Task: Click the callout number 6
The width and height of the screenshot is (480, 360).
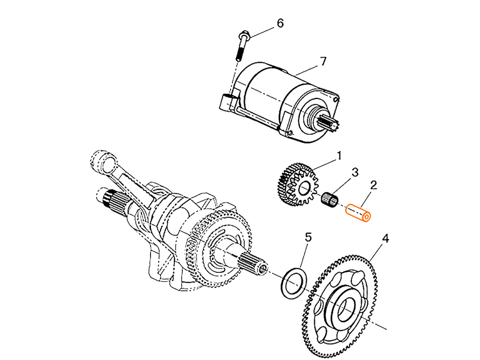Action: (280, 23)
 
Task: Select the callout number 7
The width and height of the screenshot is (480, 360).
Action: (323, 61)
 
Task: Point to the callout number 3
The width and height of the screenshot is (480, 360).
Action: (355, 172)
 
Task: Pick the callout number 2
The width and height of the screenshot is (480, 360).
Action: (373, 185)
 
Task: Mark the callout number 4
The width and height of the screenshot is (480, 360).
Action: (385, 239)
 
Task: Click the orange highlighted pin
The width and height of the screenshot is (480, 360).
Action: (358, 213)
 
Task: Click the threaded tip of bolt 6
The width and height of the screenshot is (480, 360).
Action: (238, 57)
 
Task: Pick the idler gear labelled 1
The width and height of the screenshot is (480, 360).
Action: (299, 185)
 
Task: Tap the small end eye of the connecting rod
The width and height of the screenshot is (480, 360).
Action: (105, 160)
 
